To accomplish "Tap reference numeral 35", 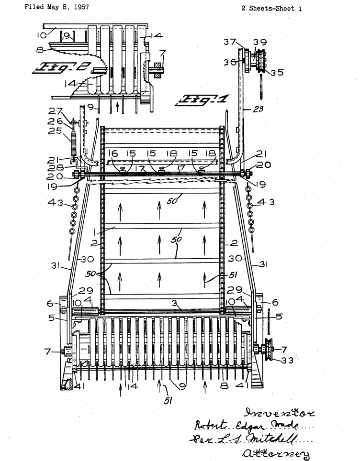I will [x=276, y=73].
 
